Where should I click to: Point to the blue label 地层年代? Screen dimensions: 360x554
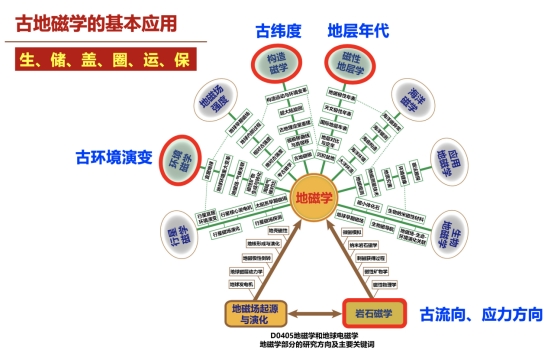click(358, 30)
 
